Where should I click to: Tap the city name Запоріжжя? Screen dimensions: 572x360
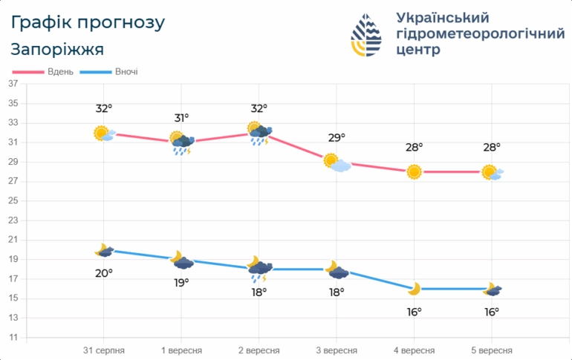point(57,50)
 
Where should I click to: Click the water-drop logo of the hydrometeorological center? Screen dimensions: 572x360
point(366,35)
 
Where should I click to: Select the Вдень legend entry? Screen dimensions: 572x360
point(42,72)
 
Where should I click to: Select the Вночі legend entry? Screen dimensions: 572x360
point(108,72)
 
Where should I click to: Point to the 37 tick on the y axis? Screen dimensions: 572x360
point(13,84)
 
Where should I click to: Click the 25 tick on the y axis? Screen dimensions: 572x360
point(13,200)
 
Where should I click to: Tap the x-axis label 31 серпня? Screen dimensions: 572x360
point(103,350)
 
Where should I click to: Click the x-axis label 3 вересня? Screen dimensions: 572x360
point(337,350)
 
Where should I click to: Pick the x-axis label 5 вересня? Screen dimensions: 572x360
point(491,350)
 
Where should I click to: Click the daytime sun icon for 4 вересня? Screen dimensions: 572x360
point(414,172)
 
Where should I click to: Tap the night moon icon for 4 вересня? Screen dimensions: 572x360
point(415,289)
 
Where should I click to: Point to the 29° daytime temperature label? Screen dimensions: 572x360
point(337,138)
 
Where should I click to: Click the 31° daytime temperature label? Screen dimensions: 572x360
point(181,118)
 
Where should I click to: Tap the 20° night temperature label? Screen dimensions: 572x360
point(104,273)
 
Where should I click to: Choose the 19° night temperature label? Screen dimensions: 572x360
point(181,283)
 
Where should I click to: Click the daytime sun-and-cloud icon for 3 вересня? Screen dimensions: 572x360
point(337,163)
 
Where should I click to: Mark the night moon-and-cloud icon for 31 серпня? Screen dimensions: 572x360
point(104,250)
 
